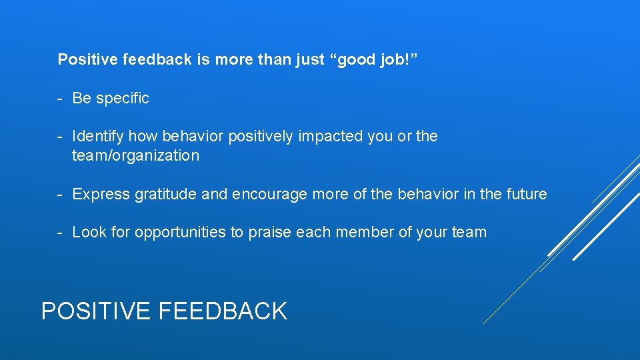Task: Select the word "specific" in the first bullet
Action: tap(123, 98)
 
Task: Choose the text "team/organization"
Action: tap(135, 156)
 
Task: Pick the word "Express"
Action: tap(101, 195)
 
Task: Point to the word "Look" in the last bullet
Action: tap(89, 233)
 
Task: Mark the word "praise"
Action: tap(270, 233)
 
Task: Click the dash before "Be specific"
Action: tap(60, 98)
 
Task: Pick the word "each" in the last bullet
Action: tap(313, 233)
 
